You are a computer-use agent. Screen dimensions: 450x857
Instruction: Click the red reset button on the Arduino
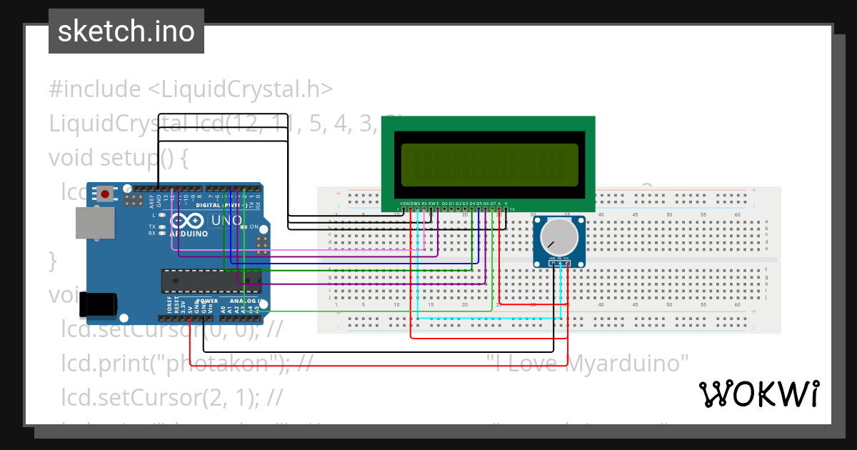pyautogui.click(x=106, y=194)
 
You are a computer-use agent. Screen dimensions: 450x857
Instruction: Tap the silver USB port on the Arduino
pyautogui.click(x=95, y=222)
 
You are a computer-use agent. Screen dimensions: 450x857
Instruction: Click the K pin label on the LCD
pyautogui.click(x=506, y=204)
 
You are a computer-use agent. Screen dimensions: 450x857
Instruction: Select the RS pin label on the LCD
pyautogui.click(x=424, y=204)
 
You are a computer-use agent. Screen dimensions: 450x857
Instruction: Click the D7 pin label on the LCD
pyautogui.click(x=492, y=204)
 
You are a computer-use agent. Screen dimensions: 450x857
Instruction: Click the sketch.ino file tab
pyautogui.click(x=126, y=31)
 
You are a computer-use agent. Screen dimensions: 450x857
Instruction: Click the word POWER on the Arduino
pyautogui.click(x=207, y=301)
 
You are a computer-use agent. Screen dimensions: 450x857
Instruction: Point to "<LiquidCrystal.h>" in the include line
pyautogui.click(x=240, y=89)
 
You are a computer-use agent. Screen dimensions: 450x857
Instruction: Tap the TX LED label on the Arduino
pyautogui.click(x=152, y=226)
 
